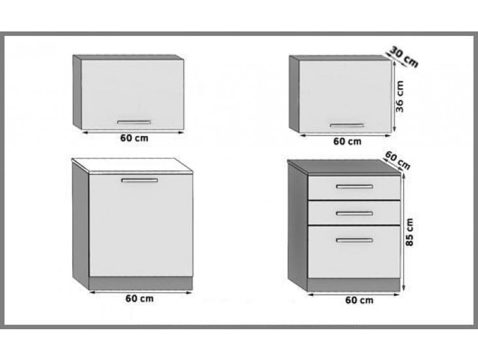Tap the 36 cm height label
399,96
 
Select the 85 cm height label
410,232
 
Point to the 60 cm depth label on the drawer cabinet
397,160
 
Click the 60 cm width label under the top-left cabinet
134,138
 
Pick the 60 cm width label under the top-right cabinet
347,141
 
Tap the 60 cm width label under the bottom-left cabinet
139,298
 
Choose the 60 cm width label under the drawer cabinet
359,300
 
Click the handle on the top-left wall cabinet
134,122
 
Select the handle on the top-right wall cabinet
347,125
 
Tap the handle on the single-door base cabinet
139,181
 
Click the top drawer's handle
354,187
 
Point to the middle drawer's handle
354,213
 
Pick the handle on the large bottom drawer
354,240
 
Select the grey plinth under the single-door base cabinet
141,283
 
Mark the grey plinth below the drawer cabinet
354,285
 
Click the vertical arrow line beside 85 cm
403,232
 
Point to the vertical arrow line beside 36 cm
394,96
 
